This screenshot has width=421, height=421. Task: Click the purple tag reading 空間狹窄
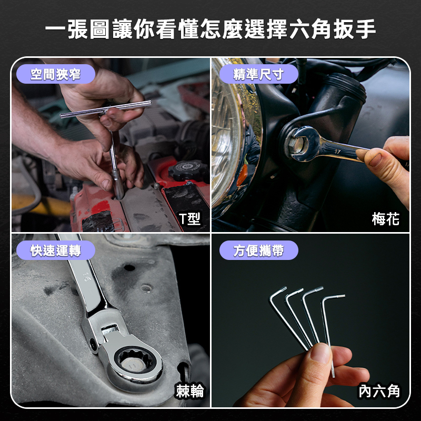56,74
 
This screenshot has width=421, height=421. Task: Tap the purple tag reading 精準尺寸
258,74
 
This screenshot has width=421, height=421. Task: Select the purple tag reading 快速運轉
56,250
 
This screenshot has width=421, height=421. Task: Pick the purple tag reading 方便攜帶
258,250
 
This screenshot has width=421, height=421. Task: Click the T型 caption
190,219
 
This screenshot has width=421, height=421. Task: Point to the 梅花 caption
386,219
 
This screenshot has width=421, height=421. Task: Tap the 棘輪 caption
190,391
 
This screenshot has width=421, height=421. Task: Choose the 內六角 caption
379,391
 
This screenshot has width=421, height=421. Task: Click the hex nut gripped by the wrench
297,145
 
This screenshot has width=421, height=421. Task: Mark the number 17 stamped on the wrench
338,152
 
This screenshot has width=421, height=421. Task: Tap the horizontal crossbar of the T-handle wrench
106,109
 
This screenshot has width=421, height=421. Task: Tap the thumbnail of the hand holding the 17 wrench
375,160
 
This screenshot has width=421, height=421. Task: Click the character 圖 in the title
99,29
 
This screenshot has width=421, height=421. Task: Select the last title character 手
366,29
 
